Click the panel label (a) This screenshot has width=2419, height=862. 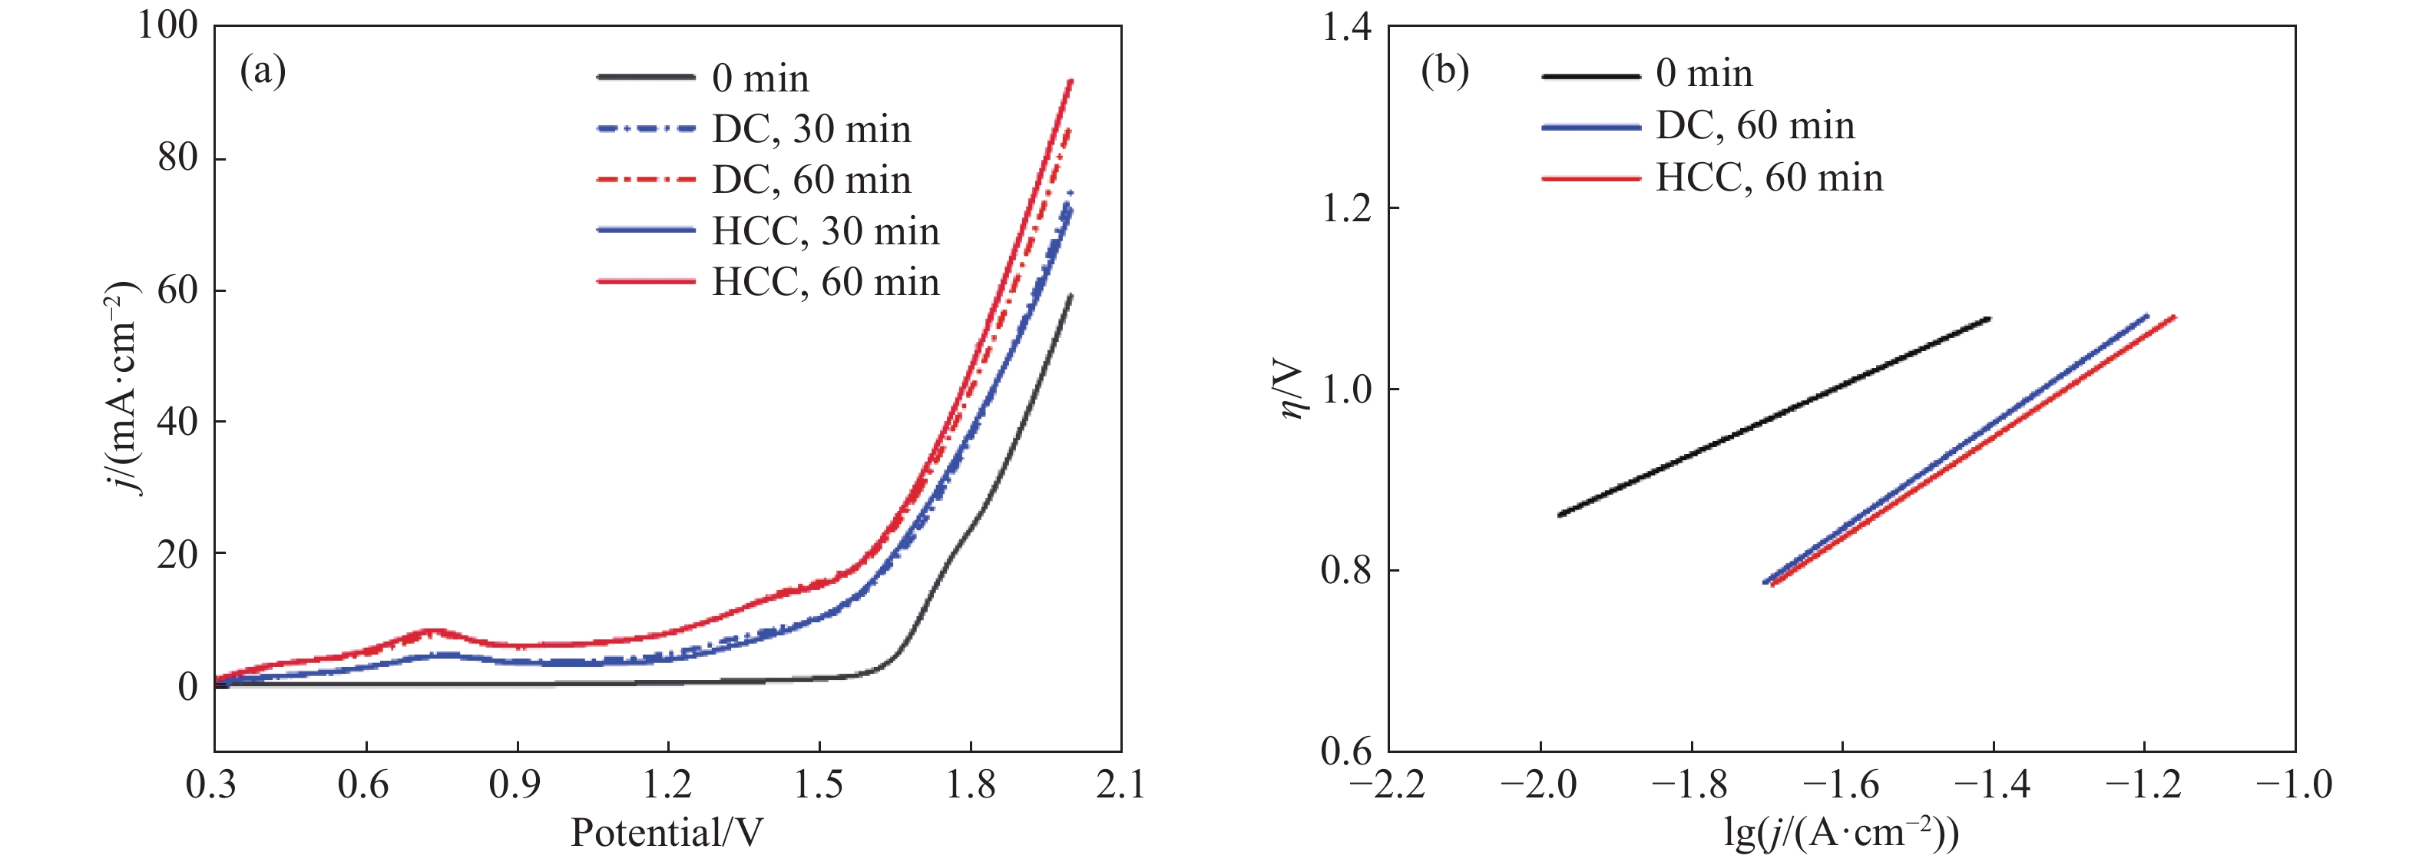click(262, 71)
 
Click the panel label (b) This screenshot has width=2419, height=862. click(1444, 71)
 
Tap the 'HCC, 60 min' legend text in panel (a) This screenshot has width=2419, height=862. click(825, 282)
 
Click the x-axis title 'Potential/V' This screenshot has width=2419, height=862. click(667, 832)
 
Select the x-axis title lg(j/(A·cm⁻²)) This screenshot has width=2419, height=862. click(1841, 832)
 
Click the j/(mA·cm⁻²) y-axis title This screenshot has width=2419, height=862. click(122, 387)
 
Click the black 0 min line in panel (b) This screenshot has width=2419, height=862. click(1775, 416)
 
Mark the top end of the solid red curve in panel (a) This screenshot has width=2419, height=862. click(1071, 81)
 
